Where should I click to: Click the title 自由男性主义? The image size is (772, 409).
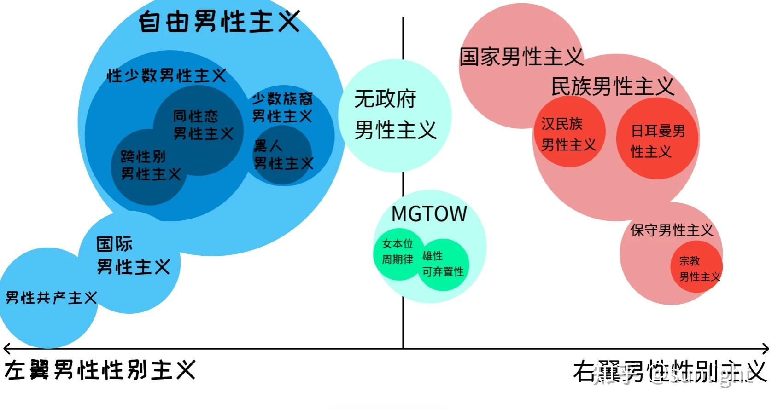[219, 21]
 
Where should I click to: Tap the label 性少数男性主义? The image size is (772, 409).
[166, 75]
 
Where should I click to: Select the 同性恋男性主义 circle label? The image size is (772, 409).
[203, 124]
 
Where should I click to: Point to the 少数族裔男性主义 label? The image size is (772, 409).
[282, 107]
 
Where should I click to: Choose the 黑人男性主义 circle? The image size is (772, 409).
[282, 155]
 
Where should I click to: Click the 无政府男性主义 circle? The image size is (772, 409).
[395, 115]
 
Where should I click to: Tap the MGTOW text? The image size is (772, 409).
[429, 213]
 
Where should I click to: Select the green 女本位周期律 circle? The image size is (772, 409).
[397, 252]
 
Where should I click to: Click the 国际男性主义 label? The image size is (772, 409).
[133, 255]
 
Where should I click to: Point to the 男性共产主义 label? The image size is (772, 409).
[51, 298]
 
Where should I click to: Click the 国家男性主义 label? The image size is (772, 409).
[521, 57]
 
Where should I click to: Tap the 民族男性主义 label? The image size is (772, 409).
[613, 86]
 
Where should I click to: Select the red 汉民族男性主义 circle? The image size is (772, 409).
[568, 133]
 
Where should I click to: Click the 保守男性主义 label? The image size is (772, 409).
[672, 230]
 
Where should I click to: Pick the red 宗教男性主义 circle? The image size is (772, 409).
[696, 268]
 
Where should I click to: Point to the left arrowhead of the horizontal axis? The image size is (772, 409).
[6, 348]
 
